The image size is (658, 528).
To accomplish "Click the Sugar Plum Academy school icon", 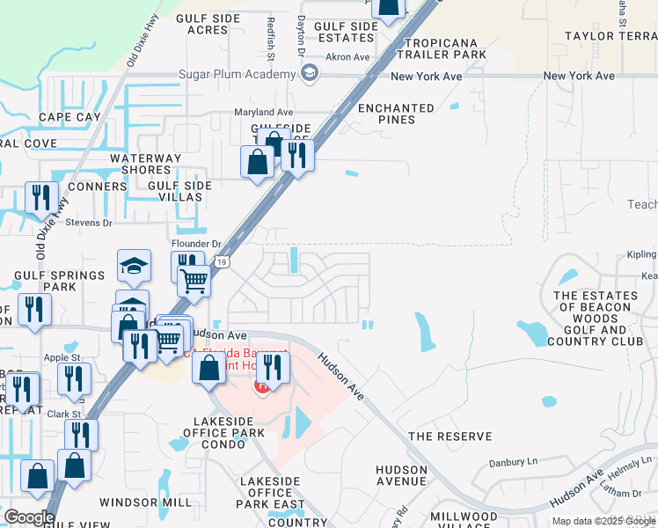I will pyautogui.click(x=309, y=75).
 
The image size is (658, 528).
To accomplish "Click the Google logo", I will pyautogui.click(x=29, y=517).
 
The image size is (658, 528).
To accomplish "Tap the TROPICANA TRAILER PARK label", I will pyautogui.click(x=446, y=48).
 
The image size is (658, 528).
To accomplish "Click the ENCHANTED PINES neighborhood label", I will pyautogui.click(x=396, y=114).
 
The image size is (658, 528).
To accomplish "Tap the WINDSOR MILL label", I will pyautogui.click(x=145, y=502).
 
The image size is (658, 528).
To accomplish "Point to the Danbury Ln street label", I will pyautogui.click(x=513, y=462).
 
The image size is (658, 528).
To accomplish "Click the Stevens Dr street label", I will pyautogui.click(x=90, y=224).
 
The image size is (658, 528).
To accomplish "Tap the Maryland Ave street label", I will pyautogui.click(x=262, y=113).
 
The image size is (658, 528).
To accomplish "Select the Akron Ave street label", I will pyautogui.click(x=347, y=57).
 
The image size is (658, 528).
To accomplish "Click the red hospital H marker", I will pyautogui.click(x=262, y=385).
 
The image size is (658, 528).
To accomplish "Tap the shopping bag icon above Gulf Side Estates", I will pyautogui.click(x=386, y=8).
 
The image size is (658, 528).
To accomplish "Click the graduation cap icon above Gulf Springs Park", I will pyautogui.click(x=134, y=265).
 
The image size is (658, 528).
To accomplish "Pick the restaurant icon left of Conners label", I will pyautogui.click(x=40, y=198).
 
